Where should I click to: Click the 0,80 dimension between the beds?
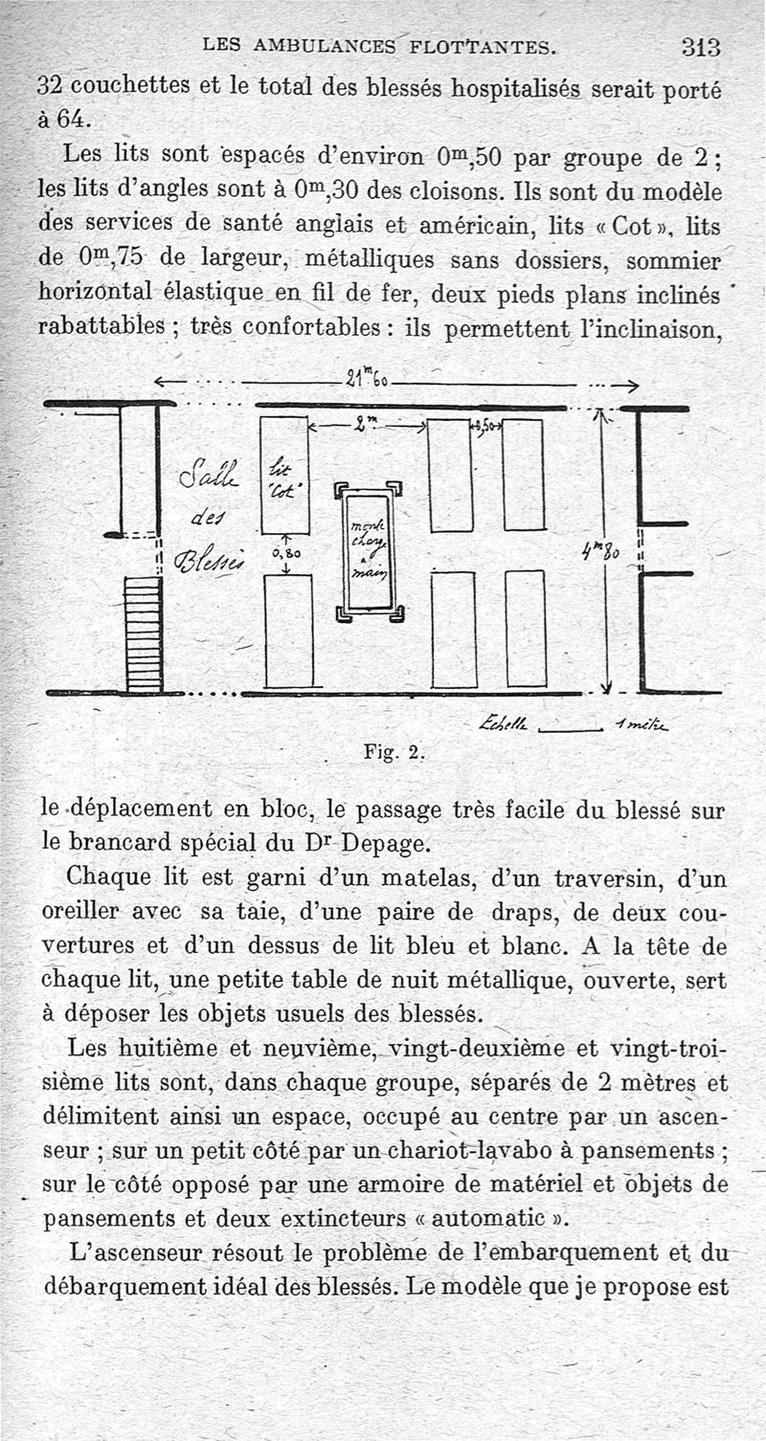(286, 552)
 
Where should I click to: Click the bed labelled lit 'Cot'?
(284, 475)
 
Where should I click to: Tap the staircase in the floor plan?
(144, 632)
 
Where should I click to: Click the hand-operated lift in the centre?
(369, 552)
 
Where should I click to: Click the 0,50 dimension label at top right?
(485, 428)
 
